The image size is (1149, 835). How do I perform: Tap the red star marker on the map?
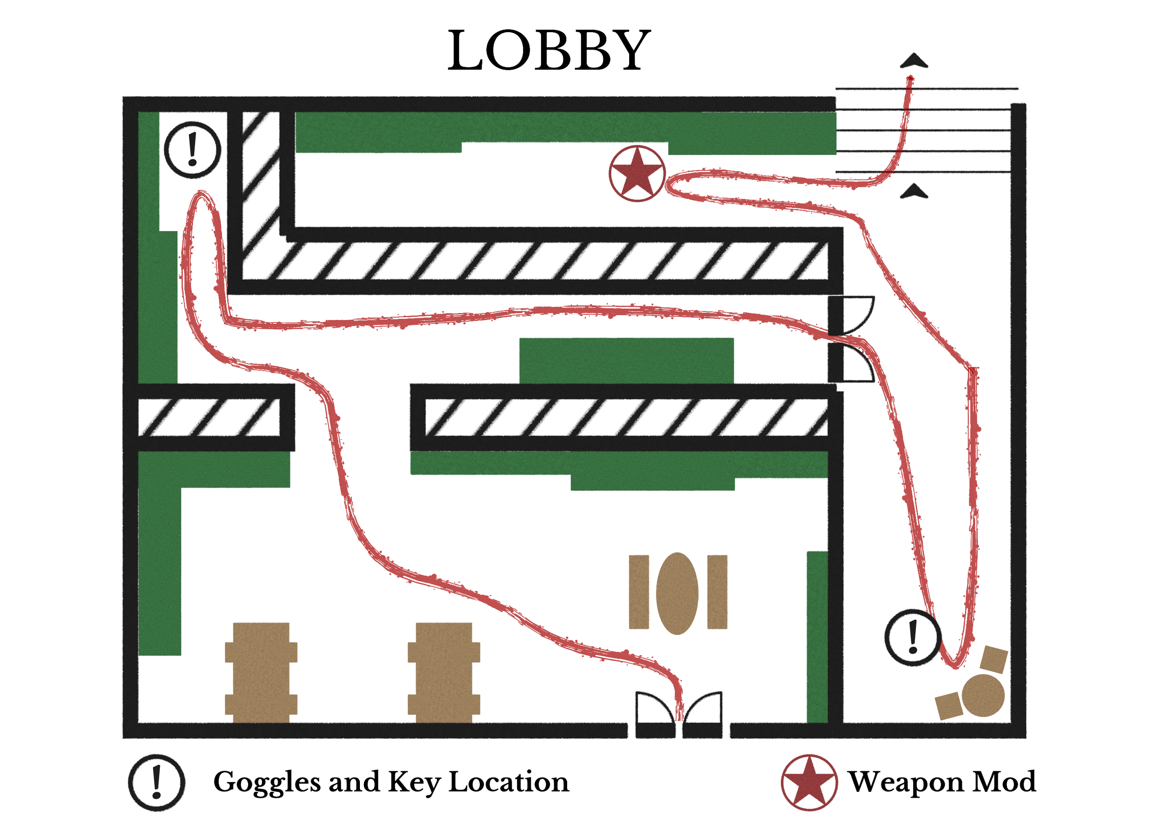click(637, 174)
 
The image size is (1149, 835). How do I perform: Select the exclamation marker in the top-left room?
click(193, 150)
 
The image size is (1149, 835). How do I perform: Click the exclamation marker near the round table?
click(913, 638)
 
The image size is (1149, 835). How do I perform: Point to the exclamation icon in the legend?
click(157, 783)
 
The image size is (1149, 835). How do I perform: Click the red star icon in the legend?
click(809, 783)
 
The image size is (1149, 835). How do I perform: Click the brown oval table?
click(677, 593)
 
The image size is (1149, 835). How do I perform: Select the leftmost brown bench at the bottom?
click(261, 672)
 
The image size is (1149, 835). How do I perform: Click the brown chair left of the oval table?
click(639, 592)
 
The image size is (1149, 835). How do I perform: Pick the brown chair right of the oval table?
click(717, 592)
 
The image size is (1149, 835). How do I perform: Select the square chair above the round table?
click(994, 659)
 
